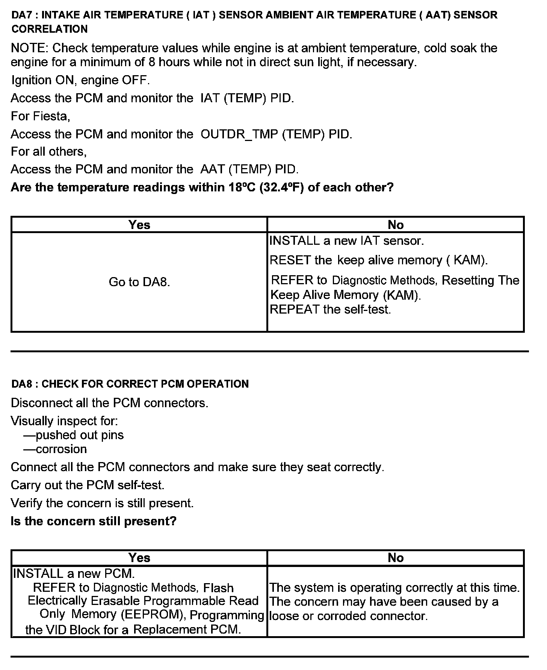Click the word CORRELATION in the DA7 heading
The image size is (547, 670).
(50, 29)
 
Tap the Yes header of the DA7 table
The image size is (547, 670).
(139, 225)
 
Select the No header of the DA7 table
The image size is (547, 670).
(396, 225)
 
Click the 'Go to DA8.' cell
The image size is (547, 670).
(139, 282)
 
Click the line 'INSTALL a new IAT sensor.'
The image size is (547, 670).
(347, 241)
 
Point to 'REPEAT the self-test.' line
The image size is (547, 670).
(331, 309)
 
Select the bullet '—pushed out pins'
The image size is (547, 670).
(74, 435)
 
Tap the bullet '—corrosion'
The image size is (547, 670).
(55, 449)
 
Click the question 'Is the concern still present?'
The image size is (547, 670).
(94, 521)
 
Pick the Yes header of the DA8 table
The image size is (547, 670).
(139, 558)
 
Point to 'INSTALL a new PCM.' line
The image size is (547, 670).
(74, 574)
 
